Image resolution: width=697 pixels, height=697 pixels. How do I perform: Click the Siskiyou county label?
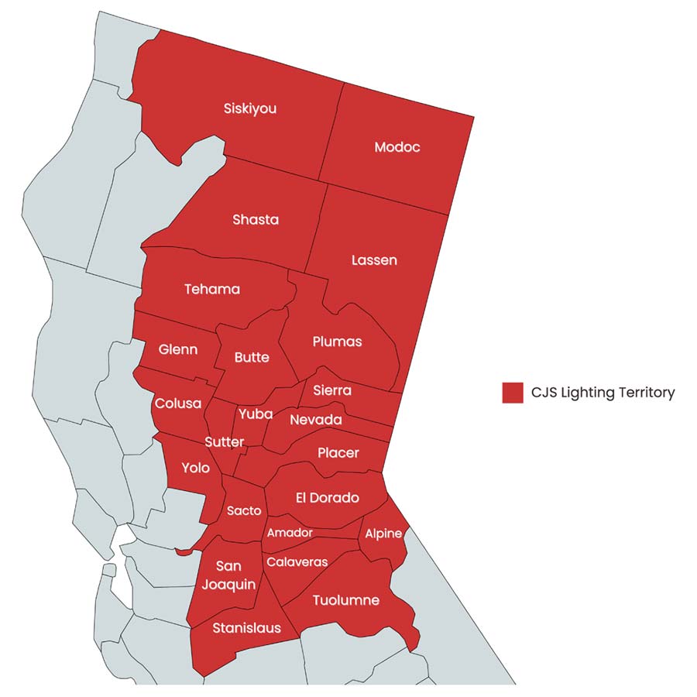click(249, 109)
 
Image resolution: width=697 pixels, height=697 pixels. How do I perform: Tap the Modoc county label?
click(397, 147)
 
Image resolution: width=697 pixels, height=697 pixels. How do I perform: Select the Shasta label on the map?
click(256, 220)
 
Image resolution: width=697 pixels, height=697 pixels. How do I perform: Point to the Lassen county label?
click(374, 260)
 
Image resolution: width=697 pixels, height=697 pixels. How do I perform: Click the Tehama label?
click(212, 290)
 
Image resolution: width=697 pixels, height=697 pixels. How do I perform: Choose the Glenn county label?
click(178, 349)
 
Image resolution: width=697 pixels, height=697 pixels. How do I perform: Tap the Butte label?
click(252, 357)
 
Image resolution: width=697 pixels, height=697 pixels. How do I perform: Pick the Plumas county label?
click(337, 342)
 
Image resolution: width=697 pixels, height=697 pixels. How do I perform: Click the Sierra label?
click(332, 390)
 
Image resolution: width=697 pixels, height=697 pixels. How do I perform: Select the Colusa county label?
click(178, 403)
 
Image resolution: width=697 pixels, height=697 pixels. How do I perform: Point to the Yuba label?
click(256, 414)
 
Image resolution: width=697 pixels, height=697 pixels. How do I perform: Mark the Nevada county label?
click(316, 420)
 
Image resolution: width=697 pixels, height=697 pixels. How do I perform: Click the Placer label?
click(338, 453)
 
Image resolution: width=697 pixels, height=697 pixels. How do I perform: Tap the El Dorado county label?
click(327, 498)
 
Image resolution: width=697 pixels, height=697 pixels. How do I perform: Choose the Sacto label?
click(244, 511)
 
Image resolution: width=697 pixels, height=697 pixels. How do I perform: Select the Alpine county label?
click(383, 534)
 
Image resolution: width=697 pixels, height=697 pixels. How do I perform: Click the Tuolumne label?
click(345, 600)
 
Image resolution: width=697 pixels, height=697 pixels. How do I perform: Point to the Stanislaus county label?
click(246, 628)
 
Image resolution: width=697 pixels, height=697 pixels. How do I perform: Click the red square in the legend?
click(513, 393)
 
